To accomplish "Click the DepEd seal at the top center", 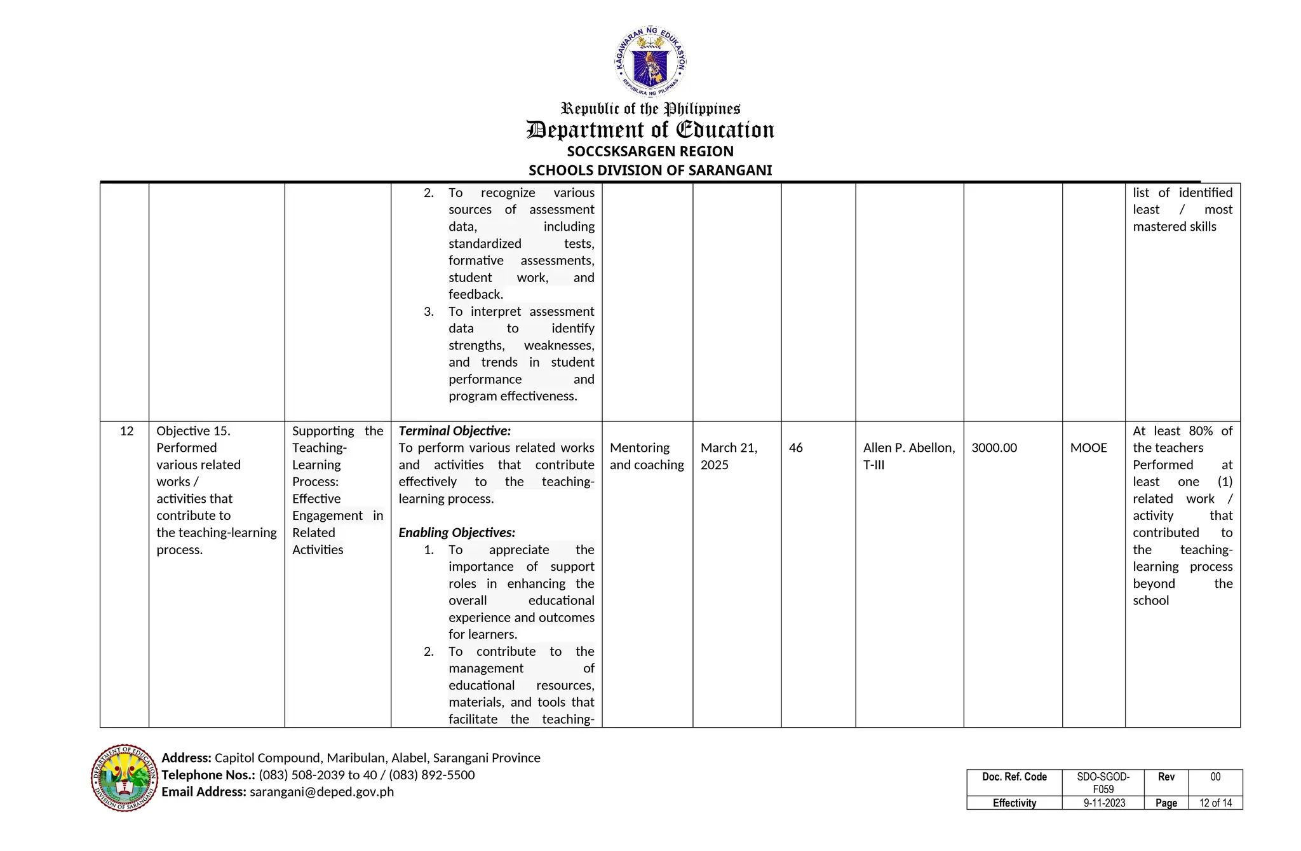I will [x=650, y=62].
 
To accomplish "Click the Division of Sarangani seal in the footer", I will [x=124, y=778].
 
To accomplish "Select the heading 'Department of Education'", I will [x=650, y=130].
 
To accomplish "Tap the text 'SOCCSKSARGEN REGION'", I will [x=650, y=151].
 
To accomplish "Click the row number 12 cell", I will [x=126, y=431].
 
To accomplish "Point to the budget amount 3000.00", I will [x=994, y=448].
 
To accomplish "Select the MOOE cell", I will [x=1088, y=448].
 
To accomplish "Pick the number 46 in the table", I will [x=795, y=448].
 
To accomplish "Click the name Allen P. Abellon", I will [x=908, y=448].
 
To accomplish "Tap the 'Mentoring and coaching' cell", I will [x=646, y=456].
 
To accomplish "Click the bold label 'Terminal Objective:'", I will [x=454, y=431].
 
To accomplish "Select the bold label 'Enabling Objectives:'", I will [x=457, y=533].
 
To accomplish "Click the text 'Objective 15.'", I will [x=193, y=431].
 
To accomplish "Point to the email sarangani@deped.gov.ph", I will [x=321, y=792].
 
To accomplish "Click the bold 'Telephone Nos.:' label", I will [x=208, y=775].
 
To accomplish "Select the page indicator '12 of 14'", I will [x=1215, y=803].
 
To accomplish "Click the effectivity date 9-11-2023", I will [x=1103, y=803].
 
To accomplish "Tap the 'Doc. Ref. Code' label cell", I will [x=1014, y=777].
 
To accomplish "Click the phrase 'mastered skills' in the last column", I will [x=1174, y=227].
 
